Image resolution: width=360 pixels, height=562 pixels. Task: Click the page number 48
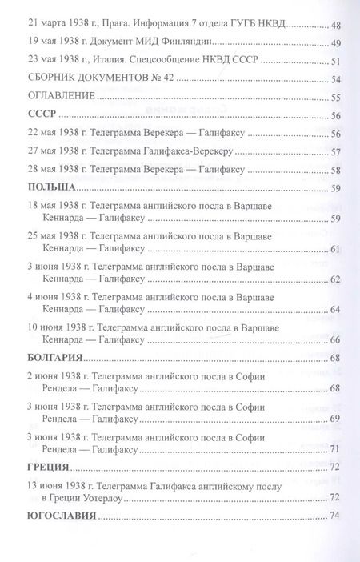point(336,25)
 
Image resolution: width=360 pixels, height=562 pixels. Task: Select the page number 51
point(336,62)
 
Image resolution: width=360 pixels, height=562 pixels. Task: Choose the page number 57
point(336,151)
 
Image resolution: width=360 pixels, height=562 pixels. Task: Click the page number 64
point(336,310)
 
